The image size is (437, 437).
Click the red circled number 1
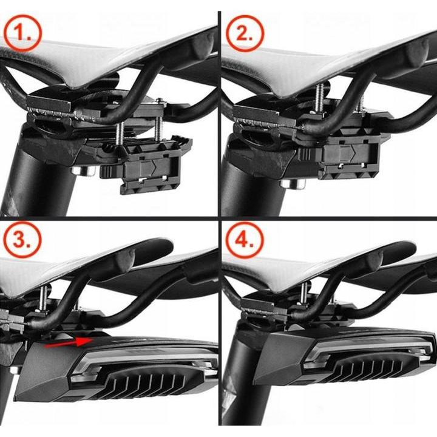coord(22,33)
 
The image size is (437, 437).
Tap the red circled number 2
coord(245,33)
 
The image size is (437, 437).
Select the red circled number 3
coord(22,240)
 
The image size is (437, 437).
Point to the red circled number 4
coord(245,240)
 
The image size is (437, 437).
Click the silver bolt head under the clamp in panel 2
coord(293,184)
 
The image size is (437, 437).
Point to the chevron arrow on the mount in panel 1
coord(153,166)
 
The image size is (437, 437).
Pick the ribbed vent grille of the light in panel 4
coord(373,368)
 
